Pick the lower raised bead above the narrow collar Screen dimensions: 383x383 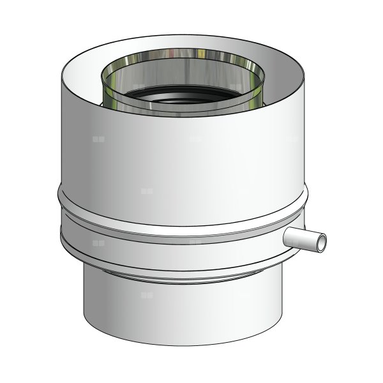185,255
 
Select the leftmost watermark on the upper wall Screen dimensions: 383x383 98,138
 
